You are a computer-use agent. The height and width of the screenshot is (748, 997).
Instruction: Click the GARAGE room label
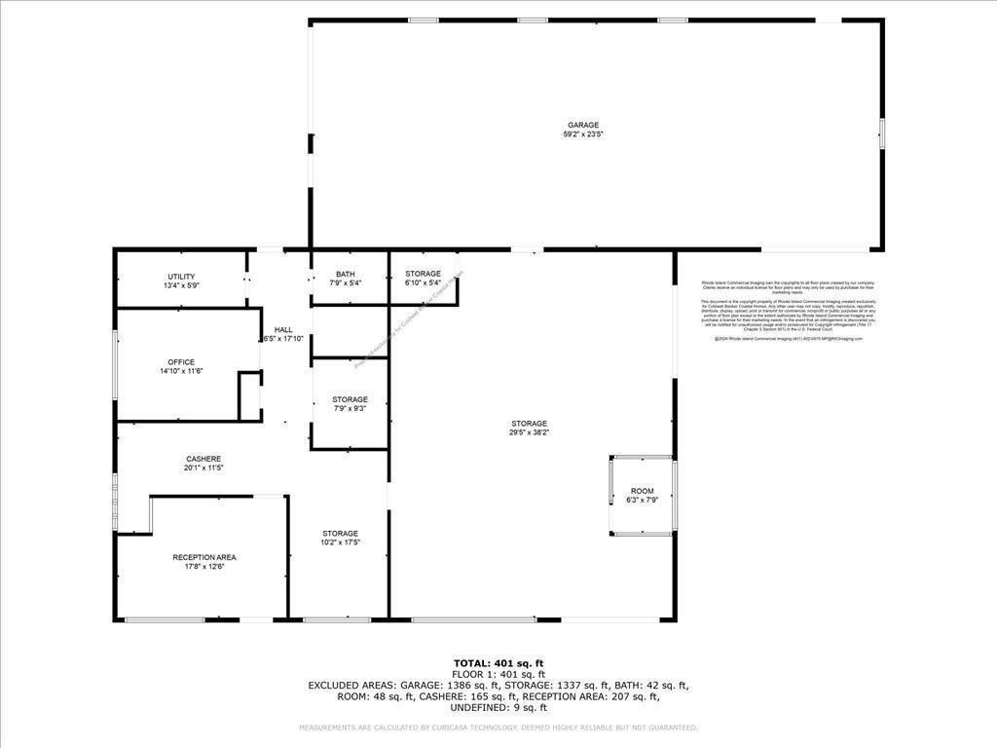tap(583, 125)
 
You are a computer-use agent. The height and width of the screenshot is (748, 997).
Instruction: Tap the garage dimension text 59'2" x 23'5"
tap(583, 134)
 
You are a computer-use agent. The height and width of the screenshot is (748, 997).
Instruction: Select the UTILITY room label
tap(181, 277)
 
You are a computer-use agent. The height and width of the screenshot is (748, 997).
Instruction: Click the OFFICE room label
tap(181, 362)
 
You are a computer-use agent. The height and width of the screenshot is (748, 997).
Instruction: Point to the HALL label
tap(283, 329)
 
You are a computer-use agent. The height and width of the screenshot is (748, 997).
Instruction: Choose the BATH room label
tap(346, 274)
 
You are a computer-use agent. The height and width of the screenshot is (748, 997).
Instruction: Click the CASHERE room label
tap(204, 459)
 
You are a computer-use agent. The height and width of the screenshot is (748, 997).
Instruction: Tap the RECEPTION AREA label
tap(204, 557)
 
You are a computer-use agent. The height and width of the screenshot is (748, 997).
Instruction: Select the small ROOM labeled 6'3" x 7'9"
tap(642, 491)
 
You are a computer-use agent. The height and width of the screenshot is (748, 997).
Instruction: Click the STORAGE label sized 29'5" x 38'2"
tap(529, 423)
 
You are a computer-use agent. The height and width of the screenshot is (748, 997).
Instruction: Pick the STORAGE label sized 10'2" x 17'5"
tap(340, 533)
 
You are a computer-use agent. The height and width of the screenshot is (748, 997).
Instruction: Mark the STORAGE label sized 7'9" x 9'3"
tap(350, 399)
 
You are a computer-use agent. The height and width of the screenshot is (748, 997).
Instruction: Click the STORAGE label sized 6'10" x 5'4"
tap(424, 274)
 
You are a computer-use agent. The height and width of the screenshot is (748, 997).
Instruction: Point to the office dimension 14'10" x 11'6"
tap(181, 372)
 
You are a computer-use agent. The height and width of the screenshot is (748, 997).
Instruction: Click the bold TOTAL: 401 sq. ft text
tap(498, 663)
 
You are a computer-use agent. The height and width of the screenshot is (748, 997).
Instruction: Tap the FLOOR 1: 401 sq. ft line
tap(498, 674)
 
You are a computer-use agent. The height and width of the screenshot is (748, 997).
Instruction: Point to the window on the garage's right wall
tap(882, 133)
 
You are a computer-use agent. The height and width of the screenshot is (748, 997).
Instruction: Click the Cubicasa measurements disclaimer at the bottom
tap(498, 728)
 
